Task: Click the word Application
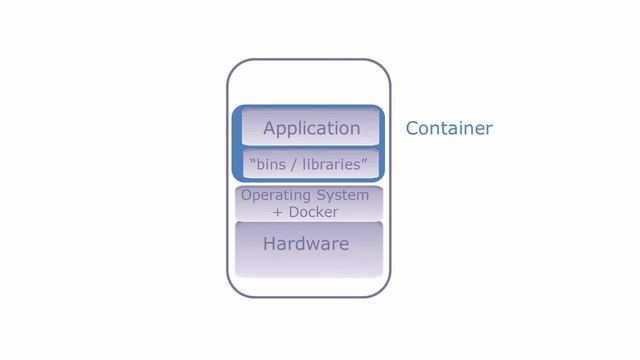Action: coord(311,128)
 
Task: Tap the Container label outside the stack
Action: coord(449,128)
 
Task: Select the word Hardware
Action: coord(306,243)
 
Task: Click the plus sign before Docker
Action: coord(279,213)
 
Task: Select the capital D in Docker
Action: coord(294,212)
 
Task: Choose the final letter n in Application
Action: coord(354,129)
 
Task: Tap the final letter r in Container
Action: coord(489,129)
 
